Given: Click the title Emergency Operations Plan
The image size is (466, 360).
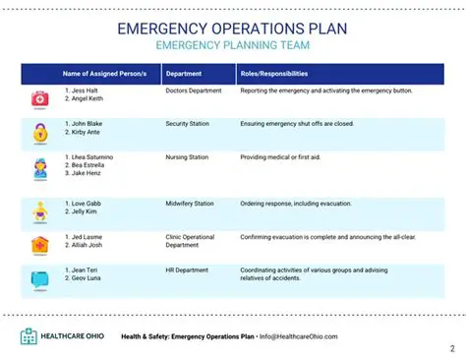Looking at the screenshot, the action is coord(232,28).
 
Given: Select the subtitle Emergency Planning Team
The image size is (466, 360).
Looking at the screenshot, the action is coord(232,46).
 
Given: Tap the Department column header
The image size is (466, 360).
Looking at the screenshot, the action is coord(184,74).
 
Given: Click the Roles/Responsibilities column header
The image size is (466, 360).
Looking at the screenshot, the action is coord(274,74).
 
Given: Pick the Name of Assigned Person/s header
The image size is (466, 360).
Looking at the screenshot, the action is coord(97,74).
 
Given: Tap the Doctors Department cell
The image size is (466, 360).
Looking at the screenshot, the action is coord(194,90).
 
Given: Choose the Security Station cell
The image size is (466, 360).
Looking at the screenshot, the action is coord(190,124).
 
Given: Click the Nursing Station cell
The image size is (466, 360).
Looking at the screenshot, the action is coord(188,157).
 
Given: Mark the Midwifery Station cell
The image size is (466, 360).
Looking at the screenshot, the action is coord(190,204).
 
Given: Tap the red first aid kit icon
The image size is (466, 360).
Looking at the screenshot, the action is coord(39,98).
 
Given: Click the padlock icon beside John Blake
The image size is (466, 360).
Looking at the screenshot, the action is coord(39,132).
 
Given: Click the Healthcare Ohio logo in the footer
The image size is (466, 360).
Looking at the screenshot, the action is coord(62,336).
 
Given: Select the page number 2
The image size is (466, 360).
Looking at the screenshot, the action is coord(452,348).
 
